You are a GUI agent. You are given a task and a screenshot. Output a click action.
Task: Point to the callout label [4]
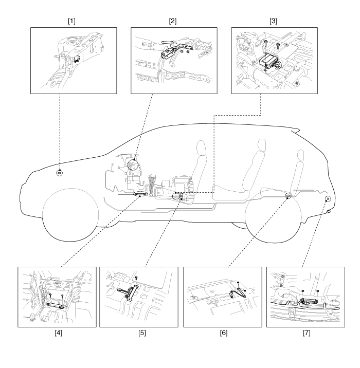(57, 334)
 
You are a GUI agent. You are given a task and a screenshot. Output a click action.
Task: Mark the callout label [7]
(307, 334)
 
